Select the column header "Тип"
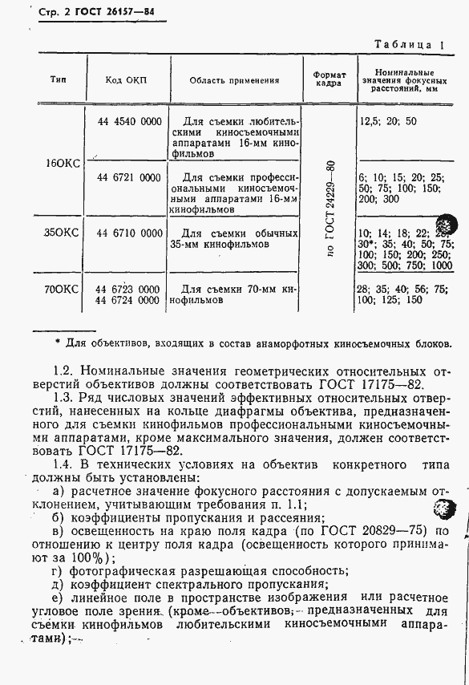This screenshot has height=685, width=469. (59, 80)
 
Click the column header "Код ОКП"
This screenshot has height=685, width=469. (127, 81)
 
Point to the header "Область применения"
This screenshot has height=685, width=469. (234, 81)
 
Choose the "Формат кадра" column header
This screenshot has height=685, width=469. (330, 79)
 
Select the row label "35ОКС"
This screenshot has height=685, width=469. (62, 233)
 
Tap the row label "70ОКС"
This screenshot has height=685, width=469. (62, 288)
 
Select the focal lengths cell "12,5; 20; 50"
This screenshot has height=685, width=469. (388, 122)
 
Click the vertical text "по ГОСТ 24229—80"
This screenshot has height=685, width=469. (330, 208)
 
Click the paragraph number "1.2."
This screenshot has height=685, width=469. (62, 371)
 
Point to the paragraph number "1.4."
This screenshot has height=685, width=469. (62, 465)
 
